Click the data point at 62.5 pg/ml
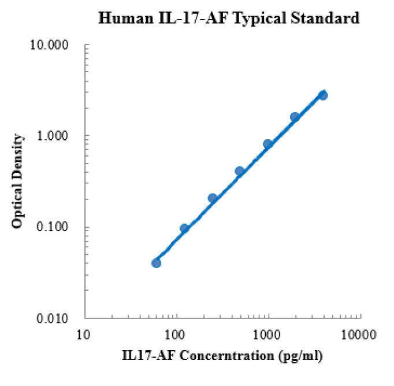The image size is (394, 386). click(156, 263)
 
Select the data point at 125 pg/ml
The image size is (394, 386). click(184, 228)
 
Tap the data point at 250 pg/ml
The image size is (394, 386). click(212, 198)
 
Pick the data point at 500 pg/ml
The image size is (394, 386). click(239, 171)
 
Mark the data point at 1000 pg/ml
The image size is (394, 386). click(267, 144)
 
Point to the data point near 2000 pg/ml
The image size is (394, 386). click(294, 117)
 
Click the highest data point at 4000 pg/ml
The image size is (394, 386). click(323, 95)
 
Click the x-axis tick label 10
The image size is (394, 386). click(84, 333)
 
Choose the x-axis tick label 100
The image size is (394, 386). click(175, 333)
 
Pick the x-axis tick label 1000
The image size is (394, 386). click(267, 333)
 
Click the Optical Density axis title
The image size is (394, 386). click(18, 181)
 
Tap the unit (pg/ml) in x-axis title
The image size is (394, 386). click(299, 355)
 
